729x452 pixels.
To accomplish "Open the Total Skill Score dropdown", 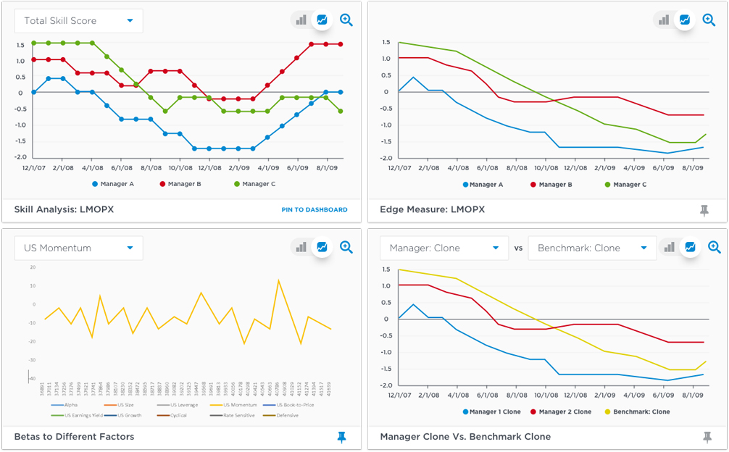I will [78, 21].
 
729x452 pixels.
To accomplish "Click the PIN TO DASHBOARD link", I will [314, 210].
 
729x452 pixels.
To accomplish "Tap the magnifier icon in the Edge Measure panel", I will [709, 20].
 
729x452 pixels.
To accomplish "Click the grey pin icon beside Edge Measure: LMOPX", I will [704, 210].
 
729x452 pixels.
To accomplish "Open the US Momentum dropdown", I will [78, 248].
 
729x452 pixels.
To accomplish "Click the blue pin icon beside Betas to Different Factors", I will [341, 436].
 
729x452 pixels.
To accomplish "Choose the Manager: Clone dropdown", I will [443, 248].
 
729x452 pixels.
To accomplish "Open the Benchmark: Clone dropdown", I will [591, 248].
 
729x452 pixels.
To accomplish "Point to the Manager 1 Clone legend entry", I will [496, 412].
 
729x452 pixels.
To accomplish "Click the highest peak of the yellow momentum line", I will [278, 280].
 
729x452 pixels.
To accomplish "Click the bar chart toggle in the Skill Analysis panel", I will [301, 20].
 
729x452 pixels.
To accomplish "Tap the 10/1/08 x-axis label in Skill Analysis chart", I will [180, 167].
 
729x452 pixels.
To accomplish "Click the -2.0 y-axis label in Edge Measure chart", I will [385, 158].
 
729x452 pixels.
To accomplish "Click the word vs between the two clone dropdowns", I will [518, 248].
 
